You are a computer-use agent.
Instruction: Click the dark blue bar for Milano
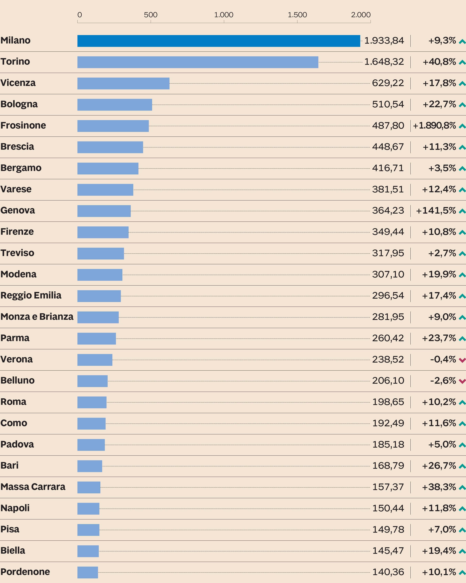pos(219,41)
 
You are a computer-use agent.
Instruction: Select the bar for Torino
pos(198,62)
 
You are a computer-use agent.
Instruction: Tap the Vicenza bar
pos(123,83)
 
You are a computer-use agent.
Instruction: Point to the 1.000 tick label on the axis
pos(224,15)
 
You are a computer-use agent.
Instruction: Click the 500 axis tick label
pos(151,15)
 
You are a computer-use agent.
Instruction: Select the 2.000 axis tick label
pos(361,15)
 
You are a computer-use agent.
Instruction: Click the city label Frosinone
pos(23,125)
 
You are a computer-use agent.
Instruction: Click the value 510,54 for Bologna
pos(388,104)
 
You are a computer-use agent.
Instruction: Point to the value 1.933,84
pos(384,41)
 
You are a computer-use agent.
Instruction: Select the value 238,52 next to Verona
pos(388,359)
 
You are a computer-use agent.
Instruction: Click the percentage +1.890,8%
pos(434,125)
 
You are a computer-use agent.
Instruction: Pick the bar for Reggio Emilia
pos(99,296)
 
